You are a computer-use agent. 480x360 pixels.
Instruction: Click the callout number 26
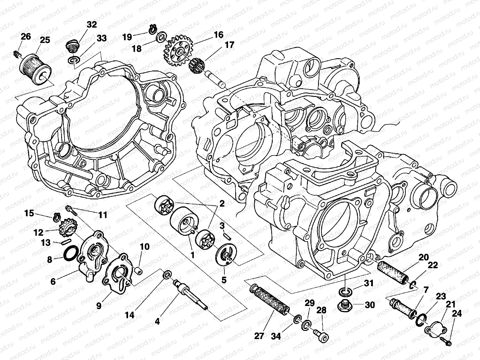[x=26, y=37]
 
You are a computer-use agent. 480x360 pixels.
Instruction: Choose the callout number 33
[x=101, y=38]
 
